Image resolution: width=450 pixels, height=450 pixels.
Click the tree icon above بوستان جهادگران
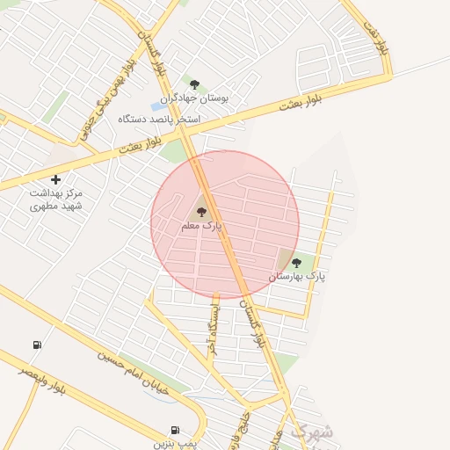point(194,84)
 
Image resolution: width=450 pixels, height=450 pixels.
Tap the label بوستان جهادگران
point(194,99)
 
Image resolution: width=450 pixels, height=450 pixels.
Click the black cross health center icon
point(55,179)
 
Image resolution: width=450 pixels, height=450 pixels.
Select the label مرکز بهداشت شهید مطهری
point(55,199)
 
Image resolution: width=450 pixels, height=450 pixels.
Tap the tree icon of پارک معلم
point(201,212)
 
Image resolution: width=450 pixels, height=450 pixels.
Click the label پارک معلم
point(201,226)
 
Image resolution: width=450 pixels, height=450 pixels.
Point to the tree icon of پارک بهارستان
point(296,262)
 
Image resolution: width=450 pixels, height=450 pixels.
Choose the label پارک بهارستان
point(296,276)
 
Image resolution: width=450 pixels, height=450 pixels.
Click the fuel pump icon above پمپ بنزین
point(174,430)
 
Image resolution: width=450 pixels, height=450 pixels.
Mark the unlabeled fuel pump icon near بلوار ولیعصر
point(36,345)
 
